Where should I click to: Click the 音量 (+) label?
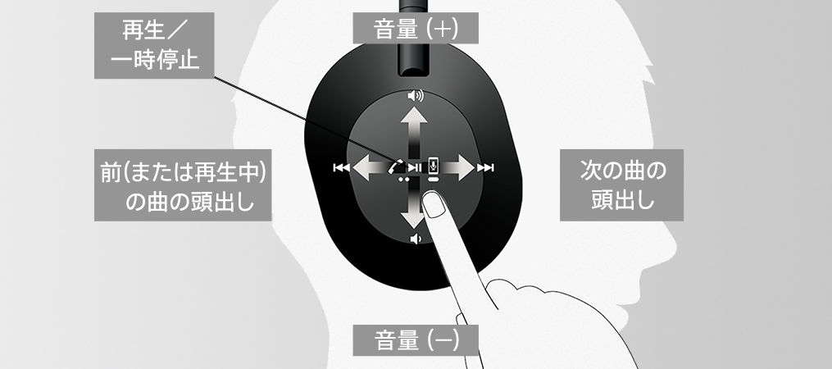416,28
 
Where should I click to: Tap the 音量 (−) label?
416,339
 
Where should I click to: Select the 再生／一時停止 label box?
154,46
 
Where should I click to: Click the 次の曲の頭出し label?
621,184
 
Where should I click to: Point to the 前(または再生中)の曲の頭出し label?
183,184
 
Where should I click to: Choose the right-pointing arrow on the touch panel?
457,168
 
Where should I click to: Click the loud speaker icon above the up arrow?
416,96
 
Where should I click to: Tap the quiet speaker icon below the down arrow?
416,239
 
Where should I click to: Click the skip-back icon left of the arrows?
341,168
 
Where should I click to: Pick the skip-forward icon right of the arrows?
485,168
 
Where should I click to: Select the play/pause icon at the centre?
415,168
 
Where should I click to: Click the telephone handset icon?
395,166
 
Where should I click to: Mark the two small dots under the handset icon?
403,180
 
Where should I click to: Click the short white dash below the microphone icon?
434,180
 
